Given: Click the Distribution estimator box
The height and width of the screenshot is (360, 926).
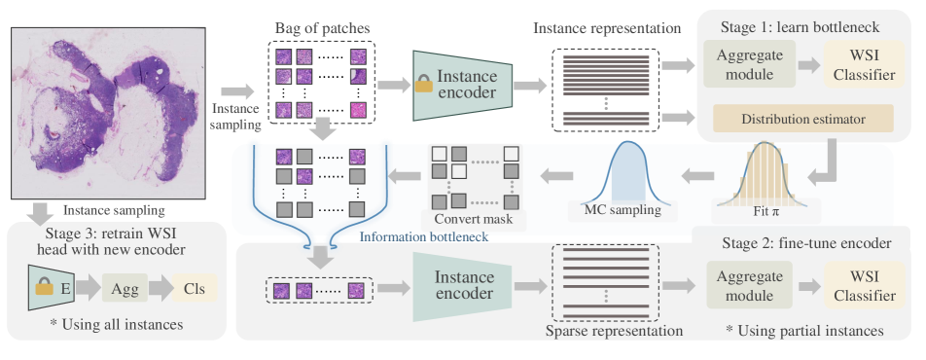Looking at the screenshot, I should (802, 119).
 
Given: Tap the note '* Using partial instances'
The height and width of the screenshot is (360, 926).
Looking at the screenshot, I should (804, 331).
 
